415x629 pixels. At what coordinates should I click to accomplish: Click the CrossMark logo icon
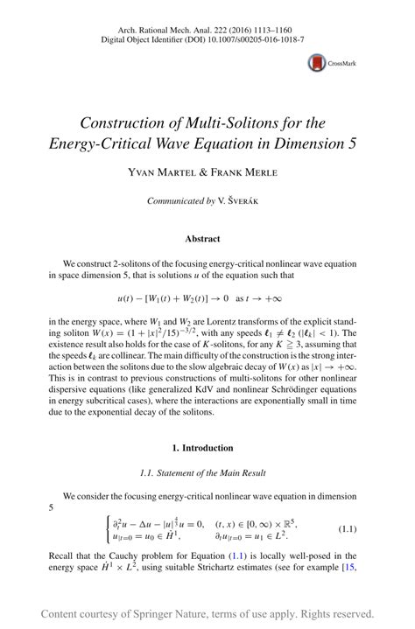tap(317, 62)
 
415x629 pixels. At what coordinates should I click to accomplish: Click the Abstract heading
tap(202, 238)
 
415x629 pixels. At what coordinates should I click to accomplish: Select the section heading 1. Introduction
tap(202, 448)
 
